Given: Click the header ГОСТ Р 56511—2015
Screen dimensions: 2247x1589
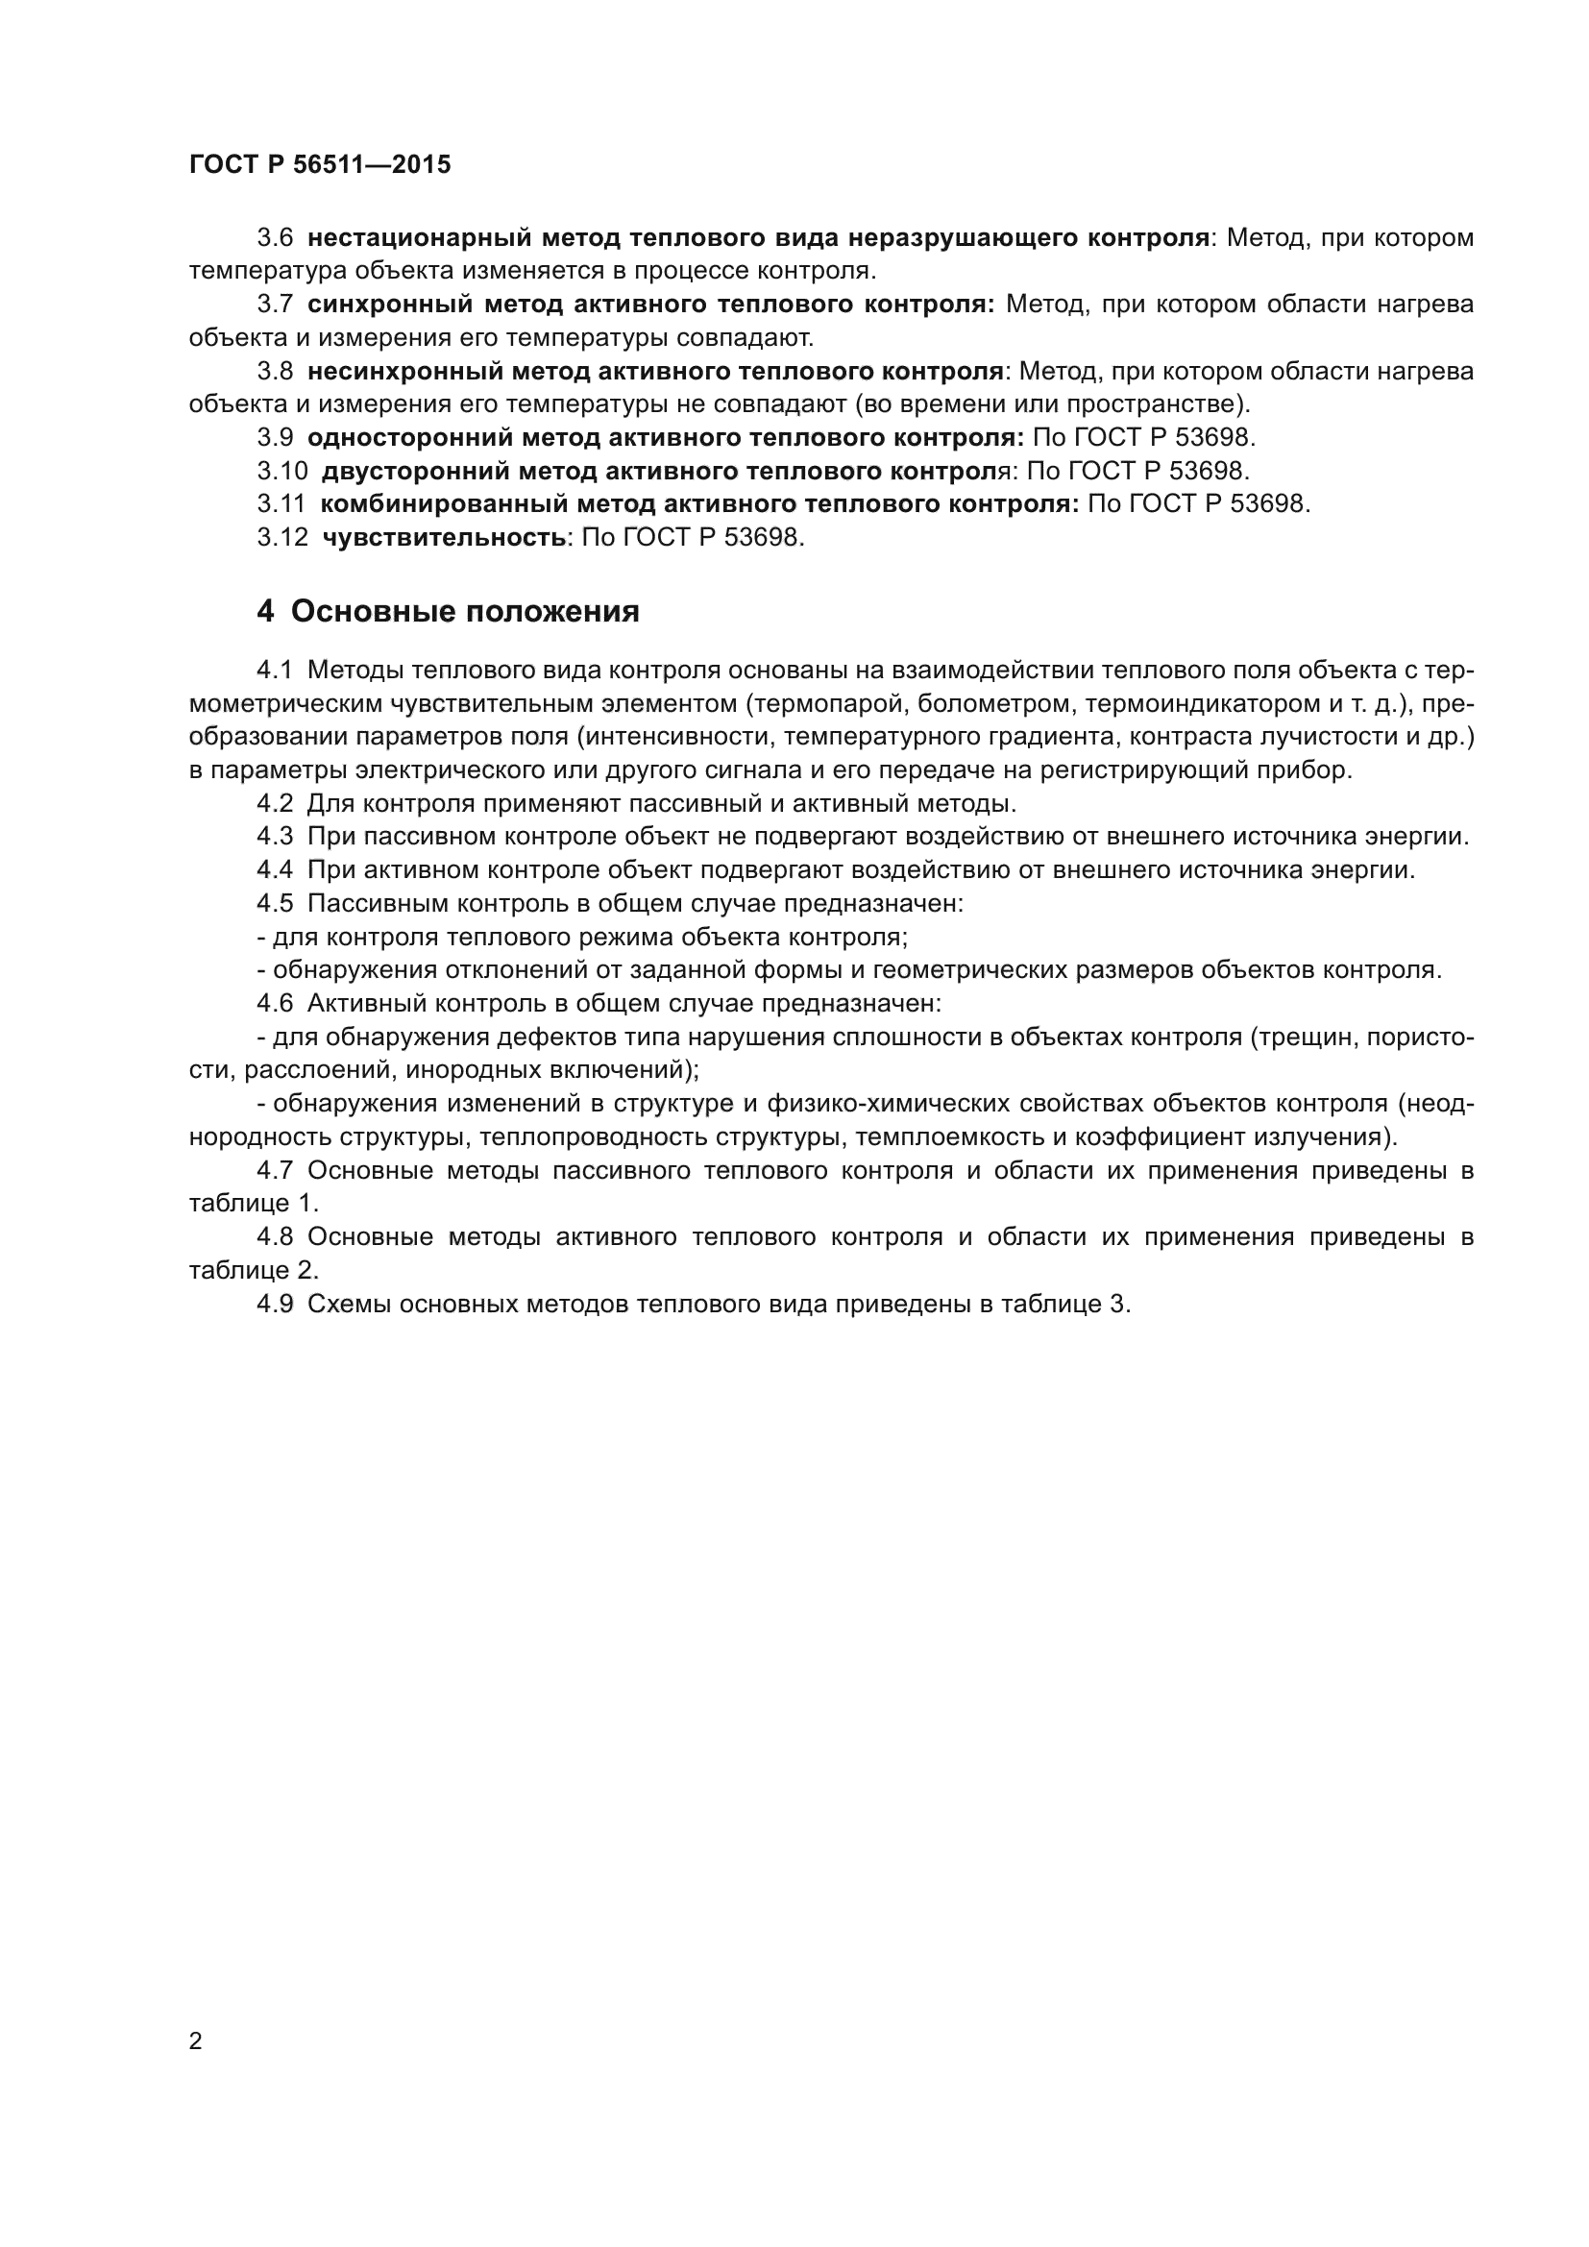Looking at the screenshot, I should click(x=320, y=164).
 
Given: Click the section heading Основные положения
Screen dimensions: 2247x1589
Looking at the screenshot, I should click(x=465, y=612).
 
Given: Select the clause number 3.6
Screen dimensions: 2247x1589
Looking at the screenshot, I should click(x=275, y=238).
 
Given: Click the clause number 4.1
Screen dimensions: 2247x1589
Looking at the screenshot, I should click(x=275, y=671).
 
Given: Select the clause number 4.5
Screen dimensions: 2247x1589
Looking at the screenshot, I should click(x=275, y=903).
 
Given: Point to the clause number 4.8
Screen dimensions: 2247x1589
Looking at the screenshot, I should click(x=275, y=1237).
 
